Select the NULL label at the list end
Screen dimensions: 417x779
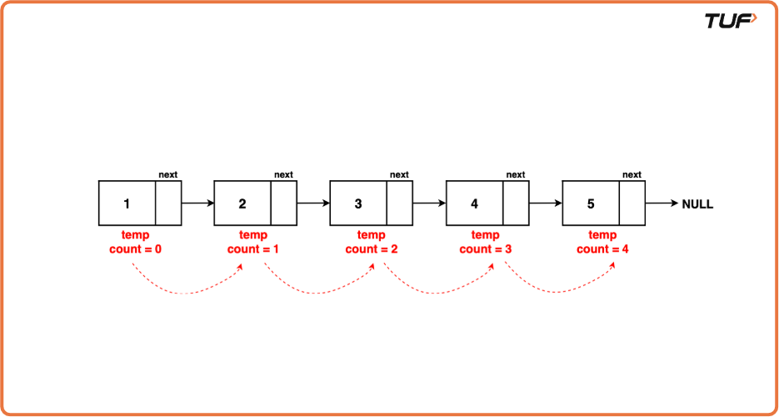(697, 203)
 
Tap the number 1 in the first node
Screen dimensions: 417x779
(127, 203)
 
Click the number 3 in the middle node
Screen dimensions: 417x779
(358, 203)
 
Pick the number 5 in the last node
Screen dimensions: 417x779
(591, 203)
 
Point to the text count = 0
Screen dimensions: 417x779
(135, 249)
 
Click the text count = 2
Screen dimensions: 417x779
(372, 249)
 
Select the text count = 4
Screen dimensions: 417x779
(603, 249)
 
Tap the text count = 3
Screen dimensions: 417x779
(486, 249)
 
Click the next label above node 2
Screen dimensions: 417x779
(283, 175)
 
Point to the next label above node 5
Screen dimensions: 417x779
(632, 175)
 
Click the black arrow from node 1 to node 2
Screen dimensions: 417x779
(197, 203)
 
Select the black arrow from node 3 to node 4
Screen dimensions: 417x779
(429, 203)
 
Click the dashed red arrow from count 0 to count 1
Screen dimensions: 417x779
(186, 290)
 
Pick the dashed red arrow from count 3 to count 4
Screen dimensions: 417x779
(558, 290)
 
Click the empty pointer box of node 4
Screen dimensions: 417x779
(516, 203)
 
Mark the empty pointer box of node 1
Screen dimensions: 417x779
(167, 203)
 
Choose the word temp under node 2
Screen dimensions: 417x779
(253, 235)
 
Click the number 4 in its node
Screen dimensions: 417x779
(474, 203)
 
